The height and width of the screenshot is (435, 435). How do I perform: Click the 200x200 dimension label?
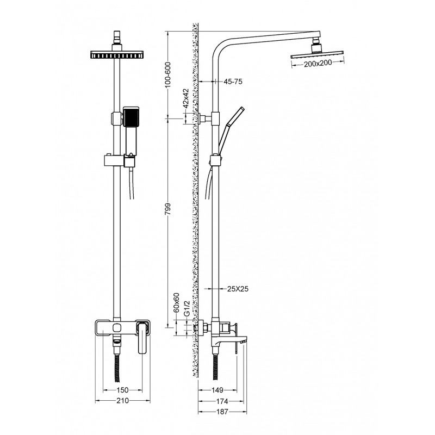pyautogui.click(x=318, y=64)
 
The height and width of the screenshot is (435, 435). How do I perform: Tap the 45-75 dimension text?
pyautogui.click(x=233, y=82)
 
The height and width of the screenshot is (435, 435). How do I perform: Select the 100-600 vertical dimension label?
pyautogui.click(x=168, y=75)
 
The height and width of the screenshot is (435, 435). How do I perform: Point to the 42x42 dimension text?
pyautogui.click(x=185, y=98)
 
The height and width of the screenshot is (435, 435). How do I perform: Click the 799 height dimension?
pyautogui.click(x=168, y=209)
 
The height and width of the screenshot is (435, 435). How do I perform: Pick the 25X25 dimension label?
pyautogui.click(x=238, y=289)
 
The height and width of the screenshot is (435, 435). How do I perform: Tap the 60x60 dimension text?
pyautogui.click(x=176, y=303)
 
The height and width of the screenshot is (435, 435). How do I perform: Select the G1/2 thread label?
pyautogui.click(x=187, y=308)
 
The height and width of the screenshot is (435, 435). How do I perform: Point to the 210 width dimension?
pyautogui.click(x=123, y=401)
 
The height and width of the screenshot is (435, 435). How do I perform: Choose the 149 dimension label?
pyautogui.click(x=217, y=390)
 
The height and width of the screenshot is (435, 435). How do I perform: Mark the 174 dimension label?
pyautogui.click(x=222, y=401)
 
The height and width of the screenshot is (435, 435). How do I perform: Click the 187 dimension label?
pyautogui.click(x=222, y=412)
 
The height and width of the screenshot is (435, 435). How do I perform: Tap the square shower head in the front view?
pyautogui.click(x=117, y=54)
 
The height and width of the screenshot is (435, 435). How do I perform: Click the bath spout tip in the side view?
pyautogui.click(x=244, y=341)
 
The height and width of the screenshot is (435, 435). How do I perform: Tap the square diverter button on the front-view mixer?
pyautogui.click(x=117, y=328)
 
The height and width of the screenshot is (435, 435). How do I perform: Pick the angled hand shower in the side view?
pyautogui.click(x=231, y=130)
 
